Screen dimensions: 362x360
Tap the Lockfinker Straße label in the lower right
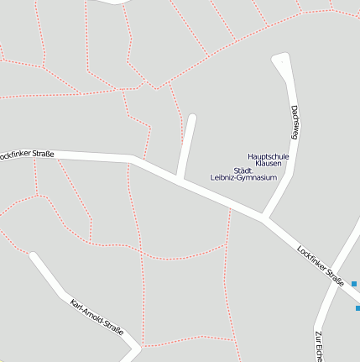(321, 267)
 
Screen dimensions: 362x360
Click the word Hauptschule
(269, 156)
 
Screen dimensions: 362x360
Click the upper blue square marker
(354, 284)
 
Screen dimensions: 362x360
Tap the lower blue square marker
(357, 308)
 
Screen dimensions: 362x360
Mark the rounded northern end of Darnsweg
(280, 60)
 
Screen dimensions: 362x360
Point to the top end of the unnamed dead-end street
(191, 118)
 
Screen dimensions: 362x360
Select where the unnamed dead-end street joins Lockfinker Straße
(179, 178)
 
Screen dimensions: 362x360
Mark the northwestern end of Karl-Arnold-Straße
(34, 256)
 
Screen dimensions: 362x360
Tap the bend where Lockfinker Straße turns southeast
(133, 158)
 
